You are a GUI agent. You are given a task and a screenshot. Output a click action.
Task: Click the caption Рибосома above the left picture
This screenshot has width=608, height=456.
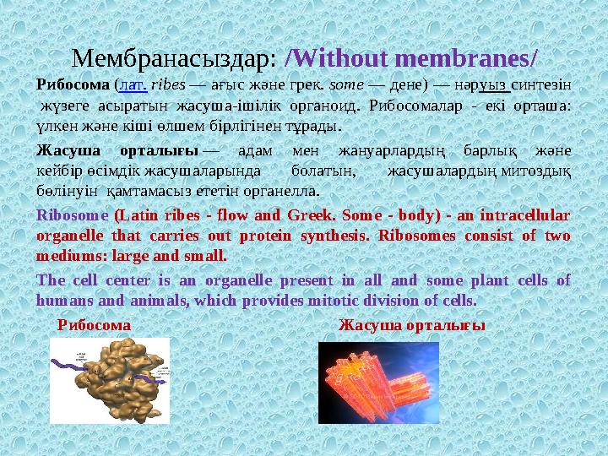pos(94,324)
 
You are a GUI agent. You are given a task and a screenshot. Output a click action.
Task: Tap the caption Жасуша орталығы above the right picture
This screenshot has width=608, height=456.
pos(411,324)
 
